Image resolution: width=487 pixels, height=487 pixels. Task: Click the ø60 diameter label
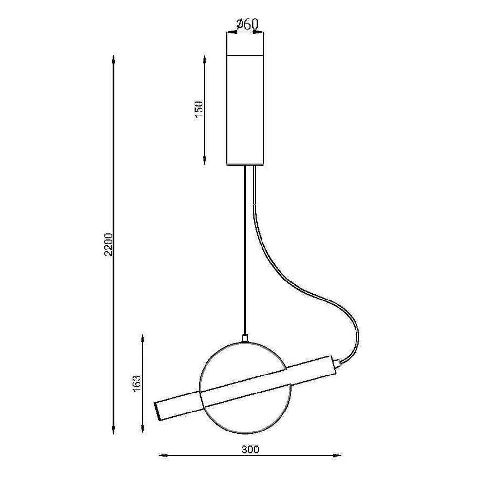pyautogui.click(x=247, y=24)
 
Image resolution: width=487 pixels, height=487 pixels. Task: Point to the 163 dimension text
pyautogui.click(x=137, y=384)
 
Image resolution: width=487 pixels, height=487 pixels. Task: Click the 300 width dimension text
pyautogui.click(x=250, y=449)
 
